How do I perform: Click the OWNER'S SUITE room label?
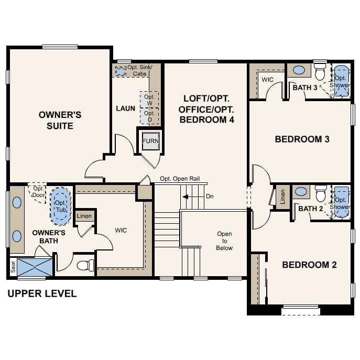60,121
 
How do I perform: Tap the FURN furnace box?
150,141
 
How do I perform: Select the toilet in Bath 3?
320,72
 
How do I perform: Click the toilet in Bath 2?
321,193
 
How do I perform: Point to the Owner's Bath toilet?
85,265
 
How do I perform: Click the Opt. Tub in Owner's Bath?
61,206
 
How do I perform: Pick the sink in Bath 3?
299,70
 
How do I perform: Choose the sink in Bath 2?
301,191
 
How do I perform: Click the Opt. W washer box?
149,100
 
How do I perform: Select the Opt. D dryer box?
149,116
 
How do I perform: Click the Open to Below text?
224,241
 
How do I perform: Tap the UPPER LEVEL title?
42,293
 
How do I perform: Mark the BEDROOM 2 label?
309,265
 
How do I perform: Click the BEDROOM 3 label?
302,139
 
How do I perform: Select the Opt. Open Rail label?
180,179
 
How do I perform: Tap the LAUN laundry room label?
125,108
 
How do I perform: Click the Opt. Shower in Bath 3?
342,81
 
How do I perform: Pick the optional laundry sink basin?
121,72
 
